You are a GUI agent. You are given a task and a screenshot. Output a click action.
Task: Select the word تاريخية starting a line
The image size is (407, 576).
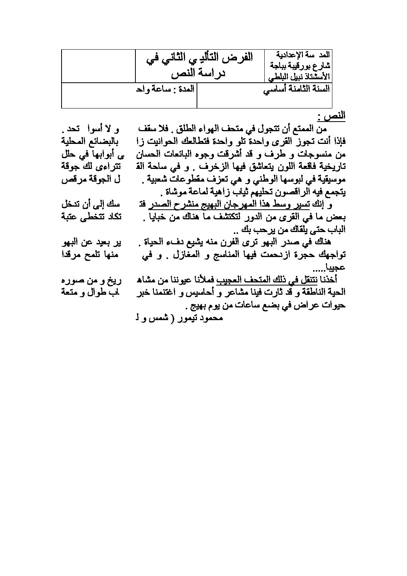(x=333, y=167)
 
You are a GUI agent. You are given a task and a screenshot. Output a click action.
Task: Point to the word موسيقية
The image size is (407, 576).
(x=331, y=179)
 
